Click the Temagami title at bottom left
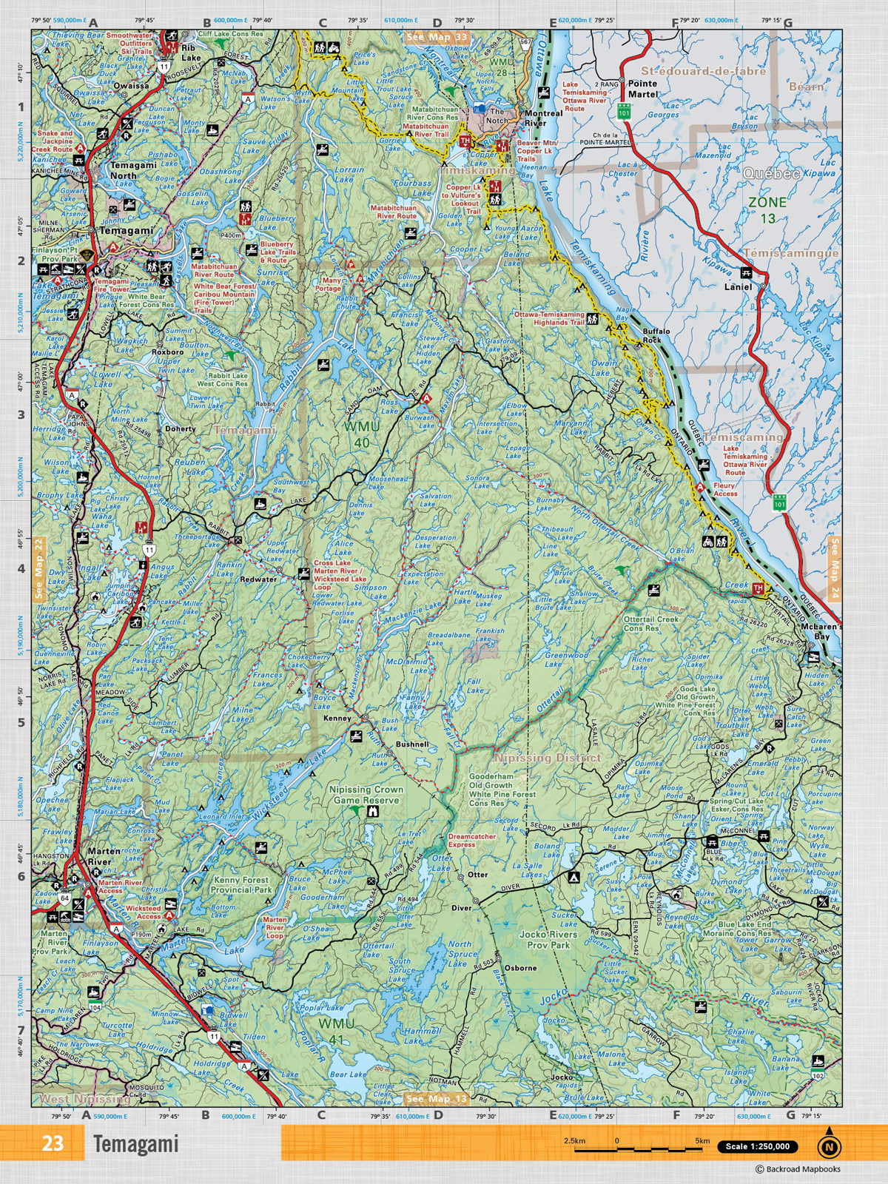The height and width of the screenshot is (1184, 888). point(136,1143)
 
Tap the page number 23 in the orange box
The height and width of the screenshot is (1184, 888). point(53,1143)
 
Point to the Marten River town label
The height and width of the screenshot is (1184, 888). point(99,857)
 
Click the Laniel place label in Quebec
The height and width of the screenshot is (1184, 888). point(738,286)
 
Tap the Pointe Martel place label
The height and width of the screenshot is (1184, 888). point(642,89)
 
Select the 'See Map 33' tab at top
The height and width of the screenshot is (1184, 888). point(437,36)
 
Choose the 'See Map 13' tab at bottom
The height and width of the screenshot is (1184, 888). point(437,1099)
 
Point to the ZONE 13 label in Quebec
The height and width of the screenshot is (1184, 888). point(767,209)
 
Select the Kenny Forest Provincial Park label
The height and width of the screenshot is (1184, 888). point(241,885)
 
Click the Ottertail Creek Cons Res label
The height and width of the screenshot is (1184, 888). point(650,623)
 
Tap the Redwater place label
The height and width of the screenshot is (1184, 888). point(259,579)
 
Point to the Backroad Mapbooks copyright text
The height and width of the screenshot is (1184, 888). point(797,1169)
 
